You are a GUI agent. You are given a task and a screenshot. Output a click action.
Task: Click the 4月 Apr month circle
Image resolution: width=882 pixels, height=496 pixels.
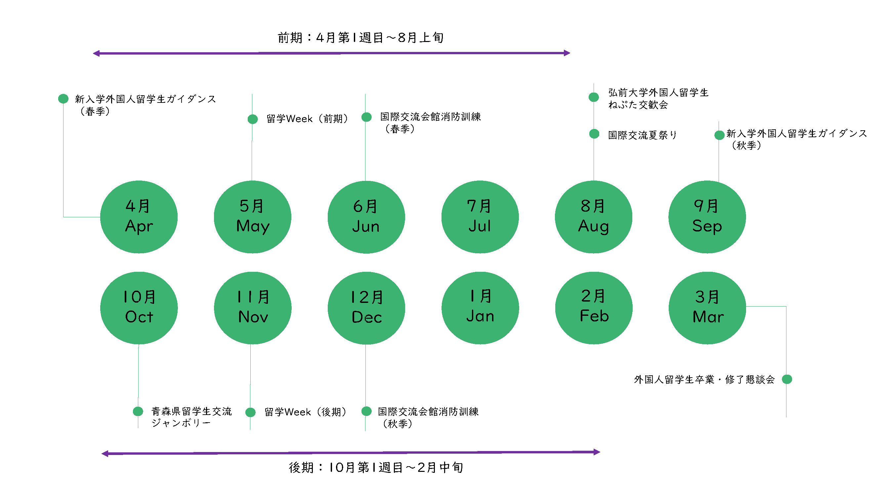coord(139,217)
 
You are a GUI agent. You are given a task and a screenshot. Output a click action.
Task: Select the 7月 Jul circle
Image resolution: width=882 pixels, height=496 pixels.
coord(480,217)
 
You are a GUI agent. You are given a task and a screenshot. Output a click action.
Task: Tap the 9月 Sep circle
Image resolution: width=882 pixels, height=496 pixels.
coord(707,217)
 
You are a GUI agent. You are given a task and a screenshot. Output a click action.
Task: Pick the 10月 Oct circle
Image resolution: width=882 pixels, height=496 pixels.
coord(139,308)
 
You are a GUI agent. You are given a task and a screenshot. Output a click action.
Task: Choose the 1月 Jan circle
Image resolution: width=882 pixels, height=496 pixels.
coord(480,308)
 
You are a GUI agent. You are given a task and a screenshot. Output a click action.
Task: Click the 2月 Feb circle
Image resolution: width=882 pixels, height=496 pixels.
coord(593,308)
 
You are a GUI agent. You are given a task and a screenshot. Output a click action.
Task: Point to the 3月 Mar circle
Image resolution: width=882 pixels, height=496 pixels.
coord(707,308)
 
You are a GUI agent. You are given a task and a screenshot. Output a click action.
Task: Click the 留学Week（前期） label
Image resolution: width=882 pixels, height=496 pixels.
coord(307,119)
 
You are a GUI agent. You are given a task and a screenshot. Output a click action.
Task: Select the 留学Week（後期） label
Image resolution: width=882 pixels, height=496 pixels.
coord(306,412)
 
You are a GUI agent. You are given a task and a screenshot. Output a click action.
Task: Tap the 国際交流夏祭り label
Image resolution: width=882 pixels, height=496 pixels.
coord(642,135)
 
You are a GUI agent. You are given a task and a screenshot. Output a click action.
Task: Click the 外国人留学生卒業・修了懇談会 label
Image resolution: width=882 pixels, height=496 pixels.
coord(704,379)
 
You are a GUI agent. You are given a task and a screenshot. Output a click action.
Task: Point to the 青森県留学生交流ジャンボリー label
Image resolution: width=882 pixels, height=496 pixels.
coord(191,417)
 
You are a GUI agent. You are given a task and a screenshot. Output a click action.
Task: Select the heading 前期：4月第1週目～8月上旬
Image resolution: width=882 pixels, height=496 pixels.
coord(360,38)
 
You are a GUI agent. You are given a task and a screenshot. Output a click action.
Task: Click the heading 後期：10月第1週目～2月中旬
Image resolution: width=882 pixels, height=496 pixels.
coord(376,467)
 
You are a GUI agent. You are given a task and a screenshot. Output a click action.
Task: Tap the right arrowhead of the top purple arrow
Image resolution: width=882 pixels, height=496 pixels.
coord(567,53)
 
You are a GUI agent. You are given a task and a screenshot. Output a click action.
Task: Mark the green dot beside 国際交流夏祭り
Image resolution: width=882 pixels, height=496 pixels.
coord(594,134)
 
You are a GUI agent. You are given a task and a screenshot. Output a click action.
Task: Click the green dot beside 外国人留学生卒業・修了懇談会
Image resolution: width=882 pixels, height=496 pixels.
coord(787,379)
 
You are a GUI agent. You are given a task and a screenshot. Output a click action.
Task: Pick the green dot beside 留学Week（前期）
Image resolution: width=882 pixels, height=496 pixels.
coord(253,119)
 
